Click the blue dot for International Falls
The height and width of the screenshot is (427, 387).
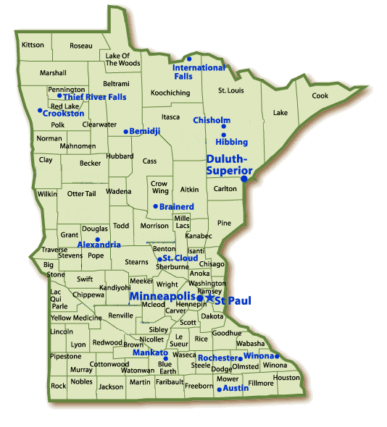pos(188,59)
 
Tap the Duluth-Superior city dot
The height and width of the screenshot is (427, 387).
pos(244,178)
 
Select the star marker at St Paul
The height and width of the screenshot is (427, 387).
pos(209,297)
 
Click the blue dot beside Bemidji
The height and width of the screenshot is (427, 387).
pos(125,132)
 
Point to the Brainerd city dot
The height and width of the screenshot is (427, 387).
pos(155,207)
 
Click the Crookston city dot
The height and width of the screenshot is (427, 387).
pos(39,111)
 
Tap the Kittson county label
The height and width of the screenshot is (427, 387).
pos(33,45)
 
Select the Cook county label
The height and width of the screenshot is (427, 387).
pos(320,96)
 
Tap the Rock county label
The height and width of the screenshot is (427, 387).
pos(59,386)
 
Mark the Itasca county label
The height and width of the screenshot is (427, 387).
pos(170,117)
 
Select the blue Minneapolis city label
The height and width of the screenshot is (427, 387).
pos(162,297)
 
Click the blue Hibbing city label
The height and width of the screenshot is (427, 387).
pos(231,142)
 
